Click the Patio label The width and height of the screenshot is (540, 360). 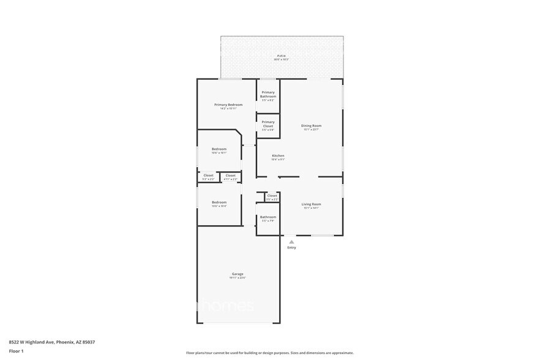pyautogui.click(x=281, y=56)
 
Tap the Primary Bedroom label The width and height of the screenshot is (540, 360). pyautogui.click(x=228, y=105)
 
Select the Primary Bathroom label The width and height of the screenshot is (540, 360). pyautogui.click(x=268, y=95)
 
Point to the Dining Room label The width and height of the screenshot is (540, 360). pyautogui.click(x=312, y=126)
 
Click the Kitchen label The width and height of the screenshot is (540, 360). pyautogui.click(x=278, y=156)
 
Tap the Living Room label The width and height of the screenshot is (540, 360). pyautogui.click(x=311, y=204)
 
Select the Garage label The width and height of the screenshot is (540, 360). pyautogui.click(x=238, y=274)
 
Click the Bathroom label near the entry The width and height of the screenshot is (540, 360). pyautogui.click(x=268, y=217)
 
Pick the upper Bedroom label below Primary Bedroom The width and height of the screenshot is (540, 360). pyautogui.click(x=219, y=149)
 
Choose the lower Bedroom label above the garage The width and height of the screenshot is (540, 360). pyautogui.click(x=219, y=202)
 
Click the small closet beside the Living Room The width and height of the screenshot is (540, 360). pyautogui.click(x=272, y=196)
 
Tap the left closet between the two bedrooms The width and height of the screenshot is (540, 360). pyautogui.click(x=209, y=176)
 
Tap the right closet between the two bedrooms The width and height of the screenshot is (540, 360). pyautogui.click(x=230, y=176)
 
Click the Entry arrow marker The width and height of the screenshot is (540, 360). pyautogui.click(x=291, y=242)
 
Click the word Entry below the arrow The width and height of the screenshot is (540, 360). pyautogui.click(x=291, y=247)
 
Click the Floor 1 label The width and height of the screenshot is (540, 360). pyautogui.click(x=16, y=351)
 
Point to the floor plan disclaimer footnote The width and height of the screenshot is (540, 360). pyautogui.click(x=269, y=353)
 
